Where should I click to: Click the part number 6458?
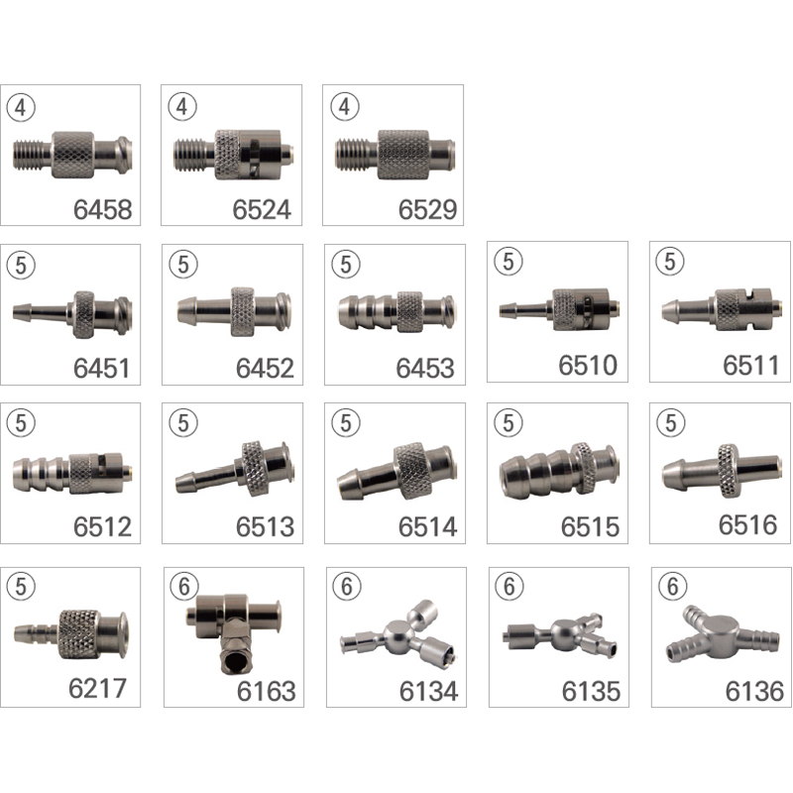click(103, 209)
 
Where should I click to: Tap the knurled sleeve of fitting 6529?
click(403, 155)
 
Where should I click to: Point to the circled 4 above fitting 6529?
click(344, 107)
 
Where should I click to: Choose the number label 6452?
click(265, 368)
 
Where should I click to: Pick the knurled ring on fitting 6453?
click(409, 311)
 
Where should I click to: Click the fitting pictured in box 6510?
click(560, 309)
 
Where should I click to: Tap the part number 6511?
click(750, 365)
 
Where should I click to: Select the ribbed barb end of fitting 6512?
click(41, 474)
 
